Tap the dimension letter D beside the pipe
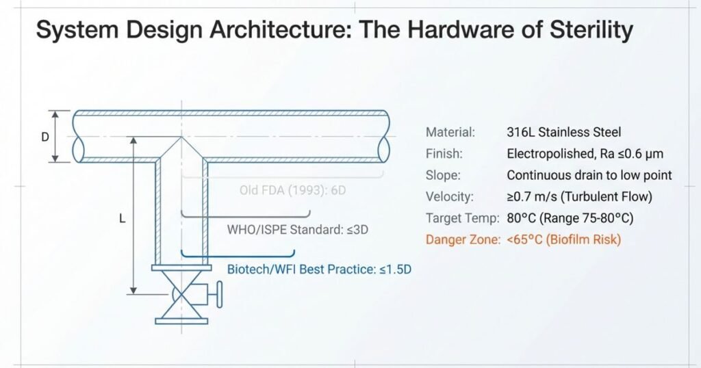click(45, 137)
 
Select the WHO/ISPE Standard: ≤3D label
click(298, 229)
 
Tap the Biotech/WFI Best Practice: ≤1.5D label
click(319, 269)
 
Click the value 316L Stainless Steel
click(563, 133)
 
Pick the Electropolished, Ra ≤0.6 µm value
click(585, 154)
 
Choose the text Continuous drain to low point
click(589, 175)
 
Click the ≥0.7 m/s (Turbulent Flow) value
click(579, 197)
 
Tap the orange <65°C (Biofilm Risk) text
click(563, 240)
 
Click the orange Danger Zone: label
click(463, 240)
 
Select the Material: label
click(450, 133)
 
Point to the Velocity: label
click(450, 197)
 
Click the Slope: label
click(445, 175)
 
